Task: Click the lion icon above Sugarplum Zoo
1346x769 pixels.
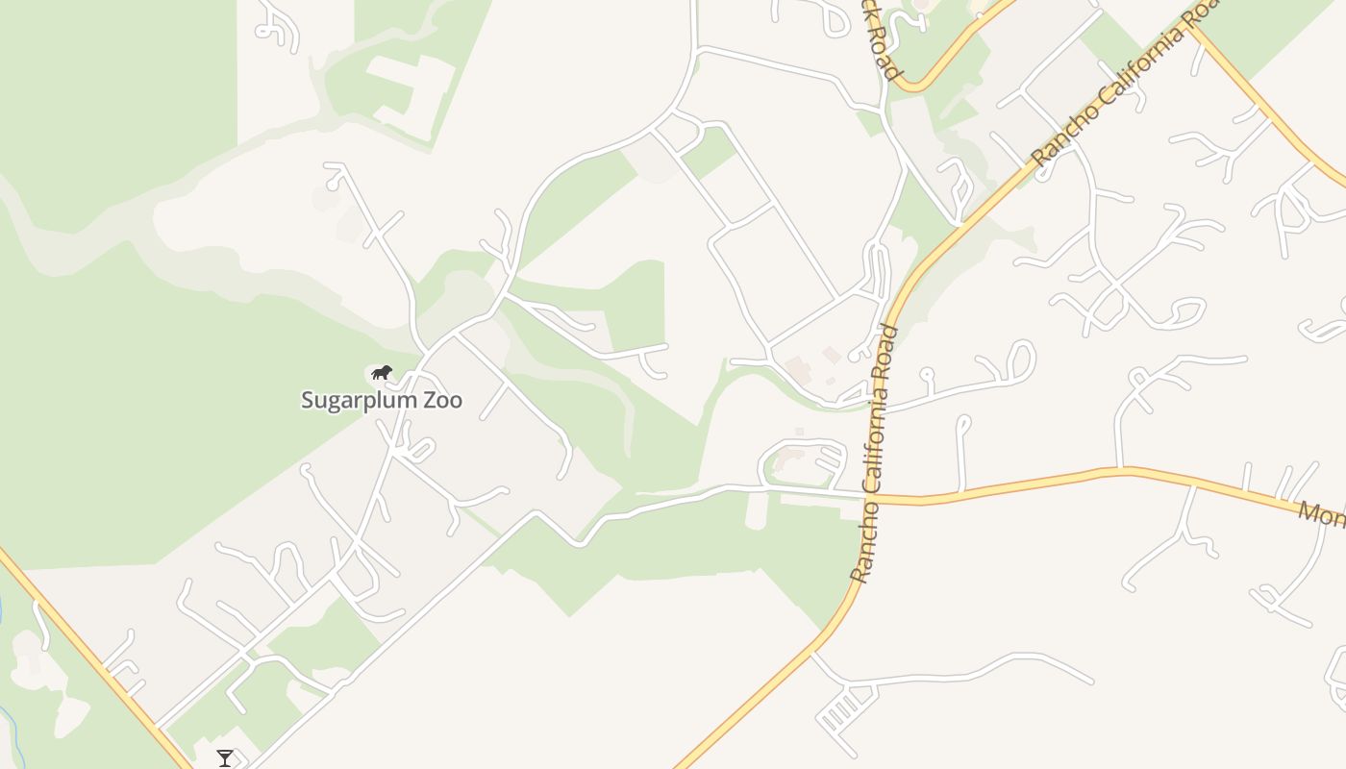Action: [382, 372]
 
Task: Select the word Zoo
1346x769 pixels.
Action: [443, 400]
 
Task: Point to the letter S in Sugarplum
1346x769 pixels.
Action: [309, 400]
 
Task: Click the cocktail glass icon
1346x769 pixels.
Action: [225, 758]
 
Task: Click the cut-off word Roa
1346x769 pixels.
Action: [1205, 13]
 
